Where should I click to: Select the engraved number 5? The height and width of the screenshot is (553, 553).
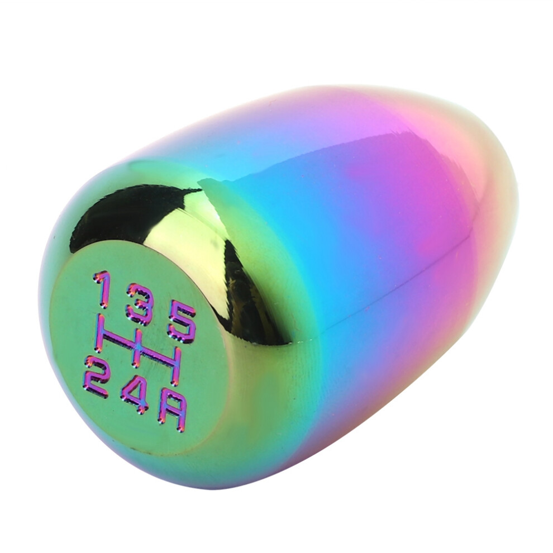pos(182,324)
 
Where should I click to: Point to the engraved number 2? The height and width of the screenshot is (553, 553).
pos(97,376)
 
